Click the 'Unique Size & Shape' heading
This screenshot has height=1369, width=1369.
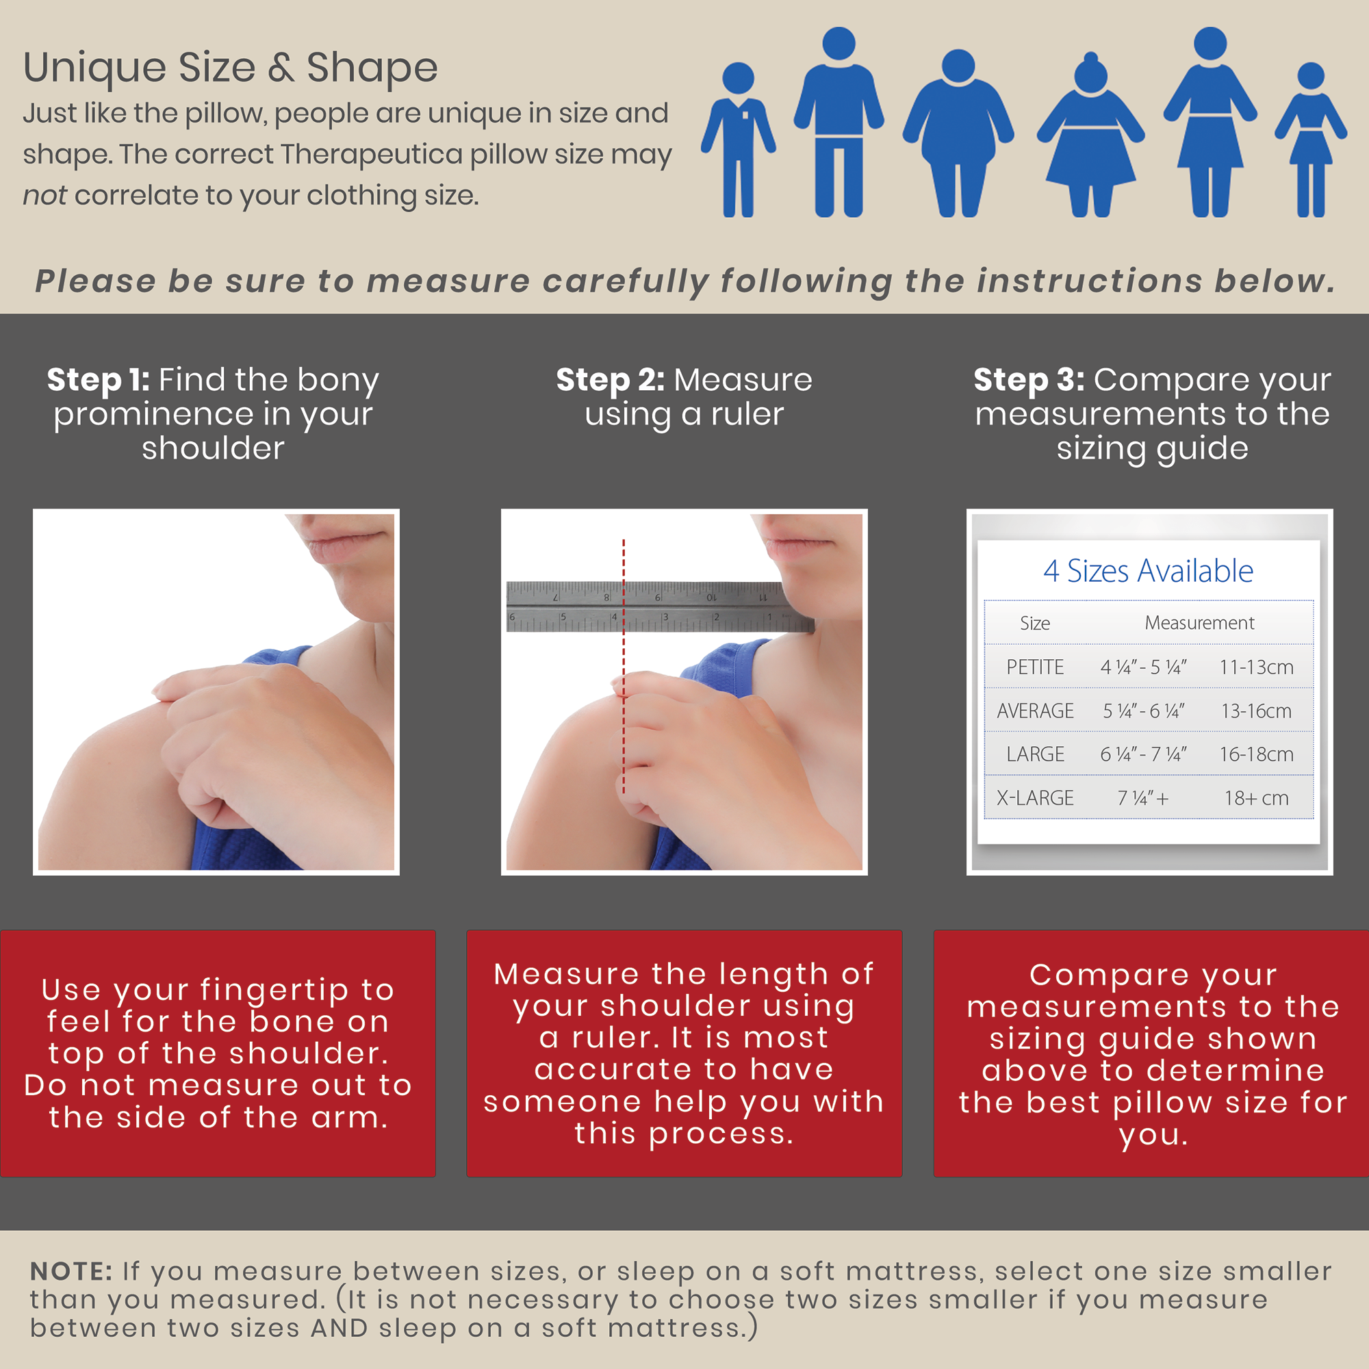[x=230, y=68]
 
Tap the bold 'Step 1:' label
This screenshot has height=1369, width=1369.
[x=98, y=380]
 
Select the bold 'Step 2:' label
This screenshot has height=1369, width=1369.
[x=610, y=380]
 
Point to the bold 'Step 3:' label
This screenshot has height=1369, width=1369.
[x=1029, y=380]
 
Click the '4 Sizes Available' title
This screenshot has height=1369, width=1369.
[x=1148, y=570]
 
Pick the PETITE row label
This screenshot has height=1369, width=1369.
[x=1035, y=667]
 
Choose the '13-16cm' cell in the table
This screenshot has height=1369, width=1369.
[x=1256, y=711]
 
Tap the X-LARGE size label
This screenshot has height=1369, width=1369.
[x=1035, y=798]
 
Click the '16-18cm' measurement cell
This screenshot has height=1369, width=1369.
[x=1256, y=754]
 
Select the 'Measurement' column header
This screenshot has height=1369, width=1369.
[x=1200, y=623]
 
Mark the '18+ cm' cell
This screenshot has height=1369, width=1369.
[x=1256, y=798]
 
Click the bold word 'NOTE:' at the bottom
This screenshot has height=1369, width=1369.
[x=71, y=1271]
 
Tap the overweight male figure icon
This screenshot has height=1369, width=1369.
[x=958, y=133]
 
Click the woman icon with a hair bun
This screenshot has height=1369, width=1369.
[x=1090, y=135]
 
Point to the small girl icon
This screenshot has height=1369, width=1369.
[x=1311, y=140]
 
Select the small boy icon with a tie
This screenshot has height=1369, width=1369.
[x=739, y=140]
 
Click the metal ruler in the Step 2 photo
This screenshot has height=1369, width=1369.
[x=659, y=606]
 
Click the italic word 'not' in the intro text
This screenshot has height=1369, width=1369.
[x=44, y=195]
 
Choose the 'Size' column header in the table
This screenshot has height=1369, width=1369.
[x=1035, y=623]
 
